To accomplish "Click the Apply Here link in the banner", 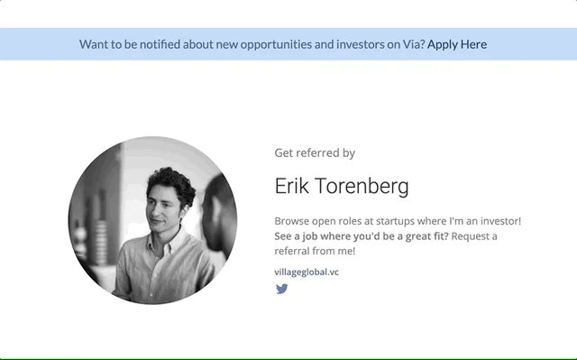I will tap(457, 44).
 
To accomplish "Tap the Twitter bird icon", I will tap(281, 289).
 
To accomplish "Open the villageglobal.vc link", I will tap(307, 272).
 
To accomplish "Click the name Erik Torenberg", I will tap(341, 187).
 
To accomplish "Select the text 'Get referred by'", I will tap(315, 153).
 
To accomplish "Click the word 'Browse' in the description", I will tap(293, 220).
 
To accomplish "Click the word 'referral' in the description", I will tap(294, 252).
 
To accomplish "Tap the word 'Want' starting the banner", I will tap(94, 44).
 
